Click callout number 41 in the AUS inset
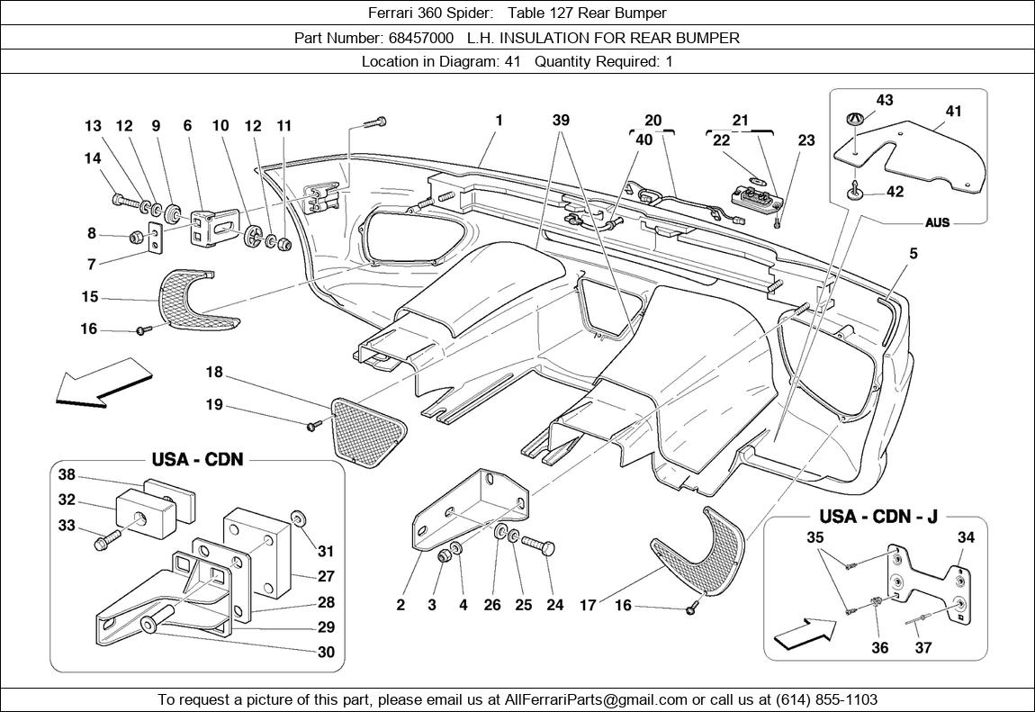(x=953, y=112)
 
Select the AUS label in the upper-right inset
(x=937, y=222)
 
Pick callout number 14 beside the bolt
(x=93, y=158)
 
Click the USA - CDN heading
(x=197, y=459)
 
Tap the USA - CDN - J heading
(x=878, y=516)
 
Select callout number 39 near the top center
(x=561, y=121)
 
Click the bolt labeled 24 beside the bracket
(x=539, y=545)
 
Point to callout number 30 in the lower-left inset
(x=326, y=652)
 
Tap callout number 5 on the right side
(x=913, y=255)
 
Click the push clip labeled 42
(x=853, y=188)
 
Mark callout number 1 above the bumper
(x=499, y=120)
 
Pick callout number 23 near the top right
(x=805, y=140)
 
